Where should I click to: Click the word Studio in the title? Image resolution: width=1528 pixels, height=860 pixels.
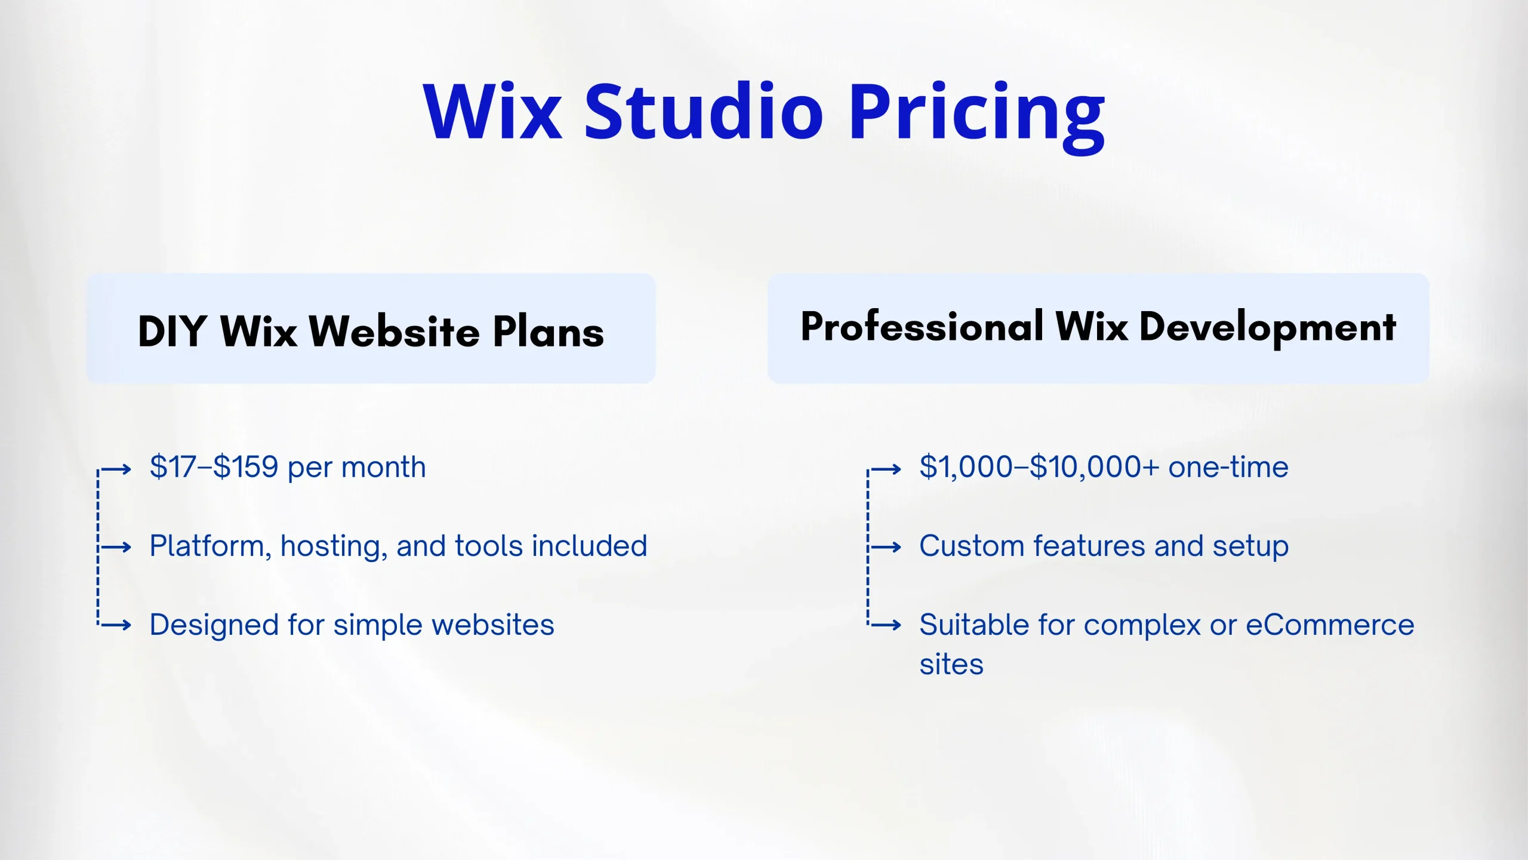click(704, 111)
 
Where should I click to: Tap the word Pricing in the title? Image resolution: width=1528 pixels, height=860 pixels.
click(978, 118)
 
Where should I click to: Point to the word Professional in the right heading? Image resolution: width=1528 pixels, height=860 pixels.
click(923, 327)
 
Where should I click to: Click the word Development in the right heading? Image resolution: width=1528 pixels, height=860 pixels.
click(1268, 329)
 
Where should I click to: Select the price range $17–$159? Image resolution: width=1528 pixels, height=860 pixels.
click(214, 466)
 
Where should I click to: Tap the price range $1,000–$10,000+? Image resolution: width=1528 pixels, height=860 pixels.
click(1039, 466)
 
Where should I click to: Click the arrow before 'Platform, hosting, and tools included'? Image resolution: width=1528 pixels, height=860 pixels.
click(115, 547)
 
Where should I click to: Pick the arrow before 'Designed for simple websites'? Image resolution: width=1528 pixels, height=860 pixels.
click(115, 625)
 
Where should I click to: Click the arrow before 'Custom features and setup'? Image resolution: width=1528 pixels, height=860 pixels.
click(885, 547)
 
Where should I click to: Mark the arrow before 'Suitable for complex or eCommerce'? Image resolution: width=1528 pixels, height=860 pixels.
click(885, 625)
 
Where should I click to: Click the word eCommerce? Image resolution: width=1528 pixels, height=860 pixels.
click(1330, 625)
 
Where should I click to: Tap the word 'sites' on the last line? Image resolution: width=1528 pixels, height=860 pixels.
click(951, 664)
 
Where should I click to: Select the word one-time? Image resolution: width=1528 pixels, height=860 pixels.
click(1228, 467)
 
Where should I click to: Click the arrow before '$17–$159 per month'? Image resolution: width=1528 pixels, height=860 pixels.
click(115, 469)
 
